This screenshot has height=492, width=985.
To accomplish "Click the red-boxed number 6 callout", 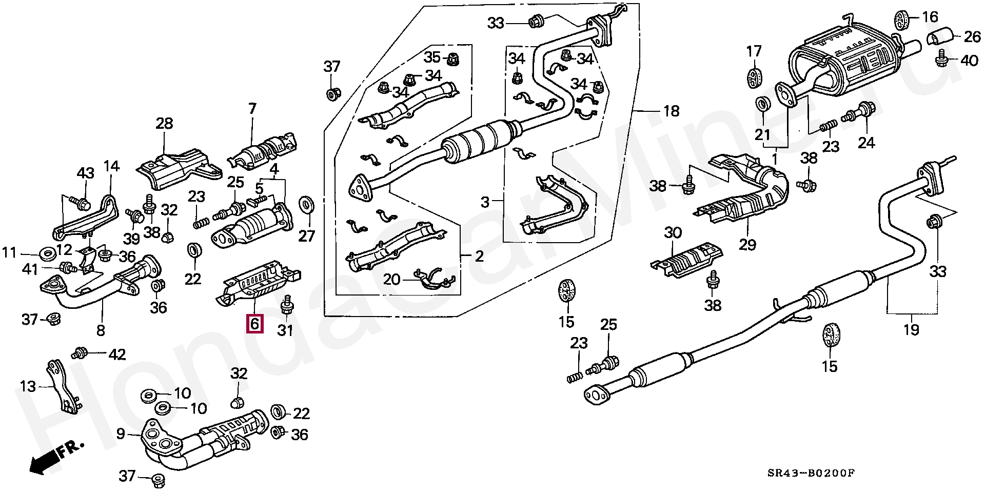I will click(255, 324).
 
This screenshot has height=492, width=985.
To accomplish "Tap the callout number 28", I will click(164, 124).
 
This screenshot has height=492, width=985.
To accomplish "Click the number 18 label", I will click(671, 110).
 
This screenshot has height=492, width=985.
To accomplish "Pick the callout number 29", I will click(747, 245).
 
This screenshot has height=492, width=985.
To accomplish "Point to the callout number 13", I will click(29, 386).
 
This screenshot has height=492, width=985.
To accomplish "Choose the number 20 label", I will click(391, 280).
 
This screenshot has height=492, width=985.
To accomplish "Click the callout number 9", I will click(120, 434).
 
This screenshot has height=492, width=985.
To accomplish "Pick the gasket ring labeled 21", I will click(763, 104).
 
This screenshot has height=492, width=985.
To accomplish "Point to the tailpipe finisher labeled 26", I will click(940, 37).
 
